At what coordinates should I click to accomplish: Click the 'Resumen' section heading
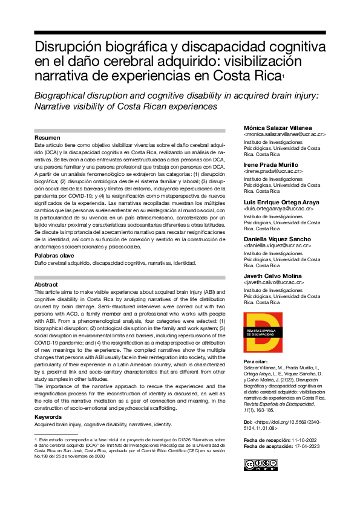tap(48, 138)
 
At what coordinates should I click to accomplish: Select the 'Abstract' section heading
tap(47, 284)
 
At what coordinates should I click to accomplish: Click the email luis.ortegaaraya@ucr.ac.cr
tap(277, 209)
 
